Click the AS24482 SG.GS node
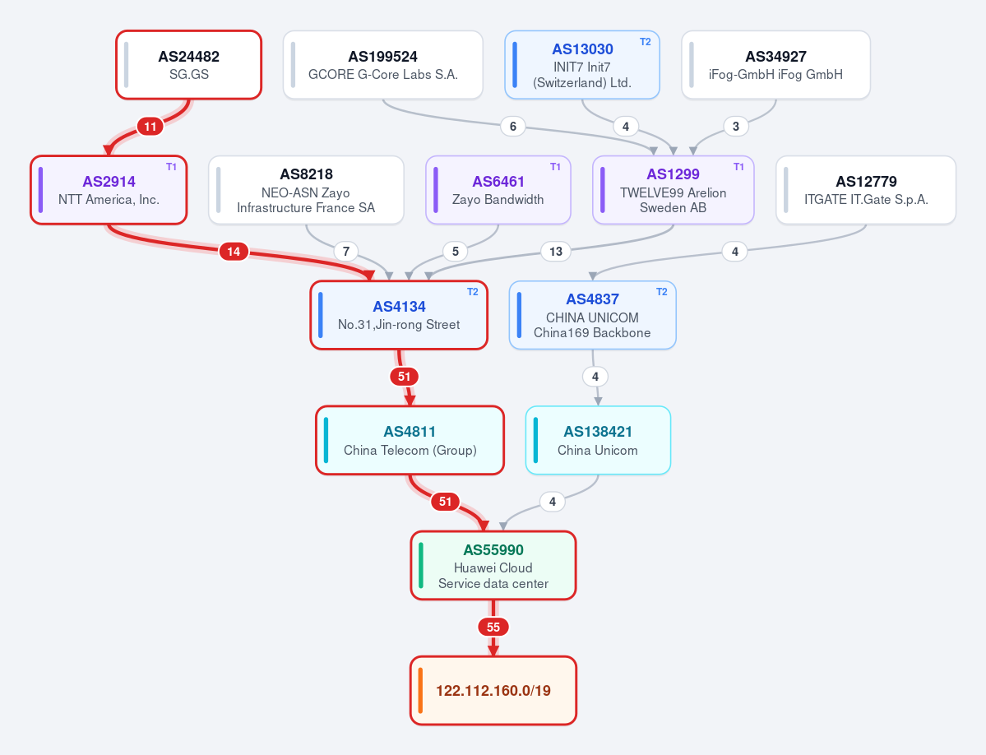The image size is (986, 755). click(x=188, y=65)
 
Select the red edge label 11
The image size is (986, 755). click(x=150, y=127)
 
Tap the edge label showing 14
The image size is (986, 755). click(x=234, y=252)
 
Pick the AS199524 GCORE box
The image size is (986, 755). click(x=383, y=65)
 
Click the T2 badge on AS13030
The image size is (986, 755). click(x=646, y=41)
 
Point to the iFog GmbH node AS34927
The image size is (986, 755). click(x=776, y=65)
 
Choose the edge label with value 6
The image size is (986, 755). click(x=513, y=127)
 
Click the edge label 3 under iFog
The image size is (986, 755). click(x=736, y=127)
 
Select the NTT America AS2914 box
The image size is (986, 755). click(x=109, y=190)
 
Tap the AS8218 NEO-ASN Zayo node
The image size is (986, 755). click(x=306, y=190)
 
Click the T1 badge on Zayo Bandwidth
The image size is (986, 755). click(x=555, y=167)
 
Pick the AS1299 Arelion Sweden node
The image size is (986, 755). click(x=674, y=190)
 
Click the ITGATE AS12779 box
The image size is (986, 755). click(x=866, y=190)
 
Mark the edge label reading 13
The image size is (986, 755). click(x=556, y=252)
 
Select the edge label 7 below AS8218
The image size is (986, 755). click(x=346, y=252)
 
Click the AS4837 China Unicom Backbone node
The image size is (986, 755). click(x=592, y=315)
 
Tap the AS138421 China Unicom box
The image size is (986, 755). click(x=598, y=440)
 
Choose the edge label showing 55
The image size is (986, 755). click(x=493, y=627)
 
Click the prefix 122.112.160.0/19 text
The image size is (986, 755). click(x=493, y=691)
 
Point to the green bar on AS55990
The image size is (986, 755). click(x=421, y=566)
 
